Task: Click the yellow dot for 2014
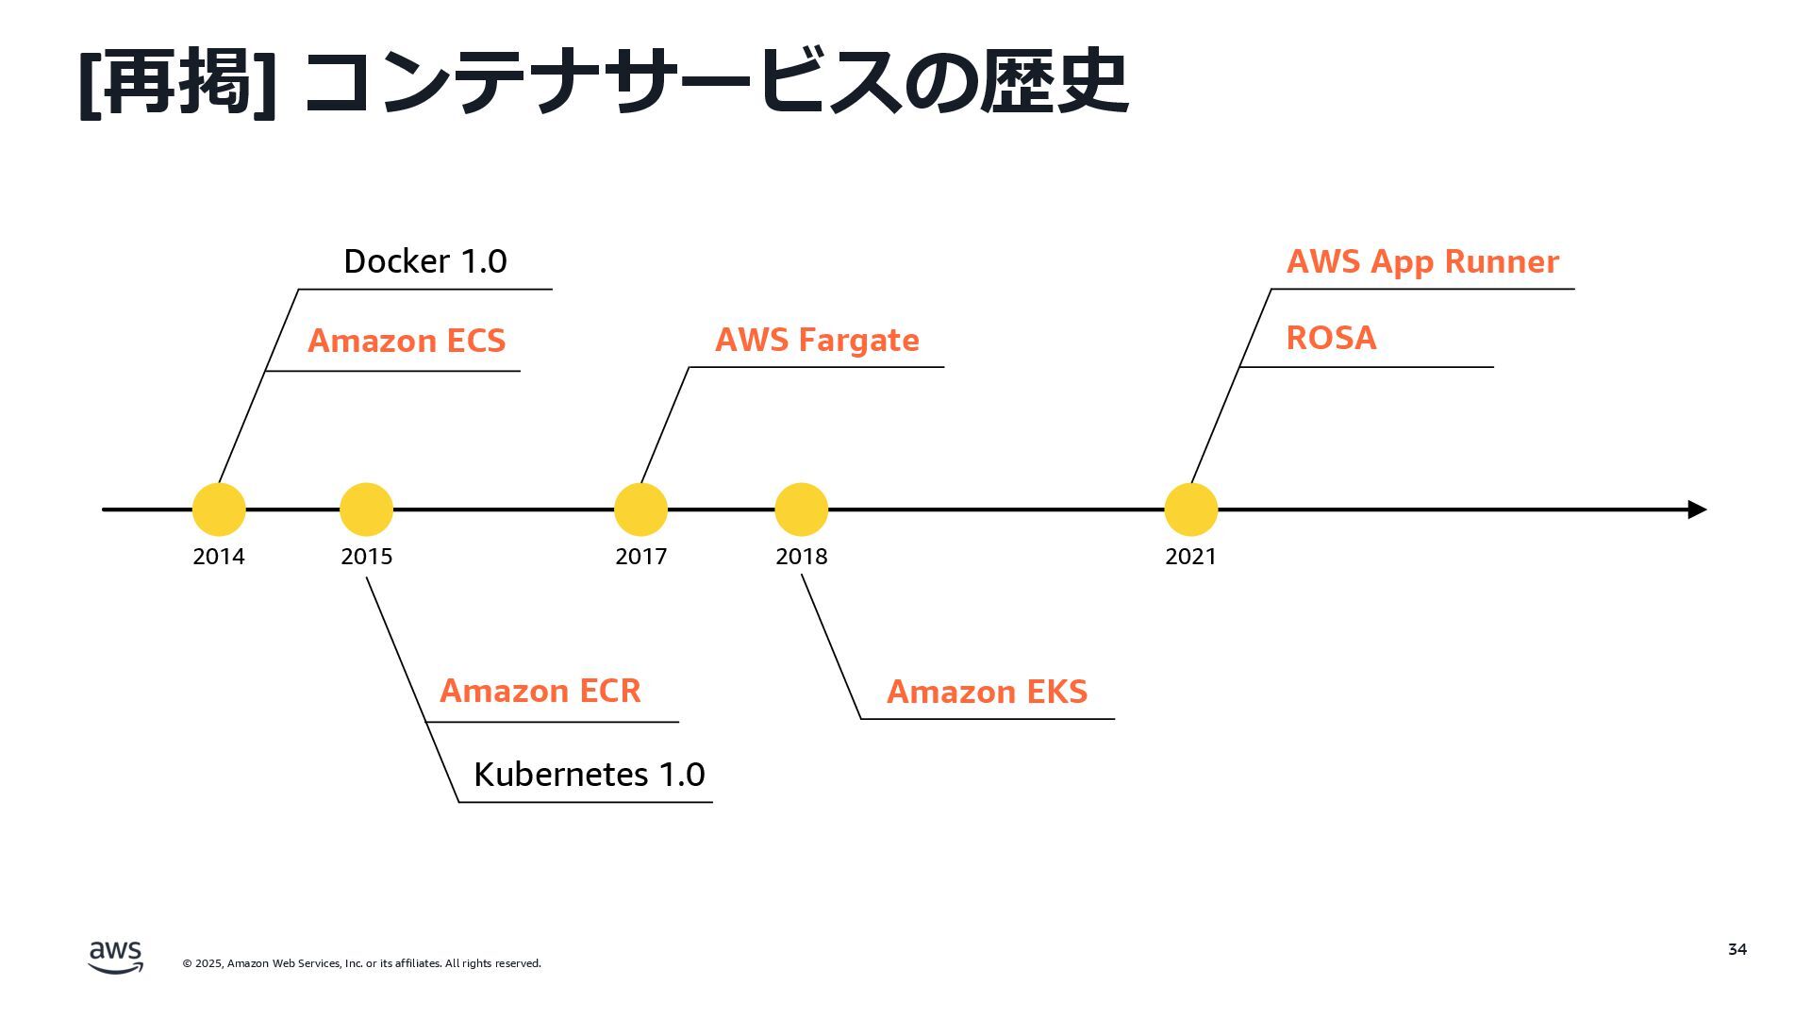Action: click(x=219, y=509)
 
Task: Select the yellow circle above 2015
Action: click(x=366, y=509)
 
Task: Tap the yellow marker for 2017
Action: click(x=640, y=509)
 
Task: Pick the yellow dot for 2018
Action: click(x=801, y=509)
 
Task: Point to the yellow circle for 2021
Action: click(x=1190, y=509)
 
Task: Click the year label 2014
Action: click(x=219, y=557)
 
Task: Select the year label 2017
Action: click(x=641, y=557)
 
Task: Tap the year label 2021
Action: click(x=1190, y=557)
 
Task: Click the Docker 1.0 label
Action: click(x=425, y=261)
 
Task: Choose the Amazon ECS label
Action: click(x=407, y=341)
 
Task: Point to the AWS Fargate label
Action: click(x=817, y=340)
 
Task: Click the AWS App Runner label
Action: click(x=1422, y=261)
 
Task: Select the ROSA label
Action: click(x=1331, y=338)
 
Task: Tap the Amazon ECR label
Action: click(x=540, y=691)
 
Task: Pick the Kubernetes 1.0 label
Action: click(x=590, y=775)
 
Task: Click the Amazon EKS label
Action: click(x=987, y=692)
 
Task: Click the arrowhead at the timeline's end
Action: click(x=1697, y=509)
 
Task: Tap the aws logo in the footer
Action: click(x=116, y=957)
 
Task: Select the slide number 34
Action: click(x=1737, y=949)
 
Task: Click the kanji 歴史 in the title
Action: click(x=1054, y=82)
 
